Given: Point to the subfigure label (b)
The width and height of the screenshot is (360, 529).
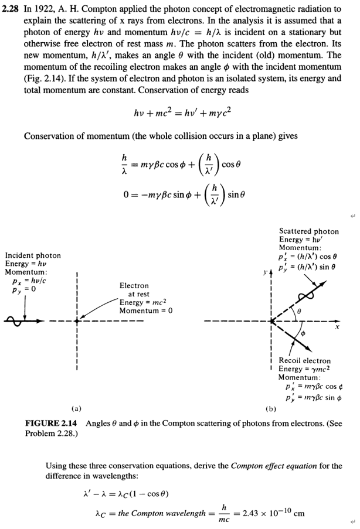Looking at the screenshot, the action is (x=271, y=408).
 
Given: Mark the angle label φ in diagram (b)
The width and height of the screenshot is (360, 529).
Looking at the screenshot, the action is (x=303, y=333).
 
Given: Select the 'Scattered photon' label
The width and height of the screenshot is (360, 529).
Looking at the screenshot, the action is (x=309, y=231).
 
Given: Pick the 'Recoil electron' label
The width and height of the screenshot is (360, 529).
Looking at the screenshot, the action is (x=305, y=360).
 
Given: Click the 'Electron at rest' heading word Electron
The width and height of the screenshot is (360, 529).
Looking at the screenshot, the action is (x=134, y=285).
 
